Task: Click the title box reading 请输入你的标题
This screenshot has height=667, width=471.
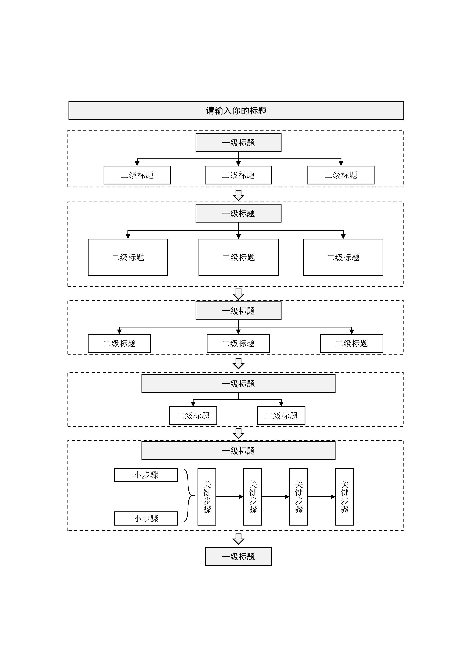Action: coord(236,110)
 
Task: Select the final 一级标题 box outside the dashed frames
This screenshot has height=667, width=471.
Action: coord(238,556)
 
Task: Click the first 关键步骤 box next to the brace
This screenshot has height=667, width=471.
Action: coord(207,496)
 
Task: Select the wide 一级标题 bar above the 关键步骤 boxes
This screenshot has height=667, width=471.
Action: coord(238,451)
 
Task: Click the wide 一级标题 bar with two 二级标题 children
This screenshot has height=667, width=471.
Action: coord(238,383)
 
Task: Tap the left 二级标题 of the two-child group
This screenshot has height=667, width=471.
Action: coord(193,415)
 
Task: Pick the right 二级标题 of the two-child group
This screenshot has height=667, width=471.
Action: coord(281,415)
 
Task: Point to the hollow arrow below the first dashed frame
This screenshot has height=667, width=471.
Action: coord(238,195)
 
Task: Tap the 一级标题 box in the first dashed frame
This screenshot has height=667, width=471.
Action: coord(238,143)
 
